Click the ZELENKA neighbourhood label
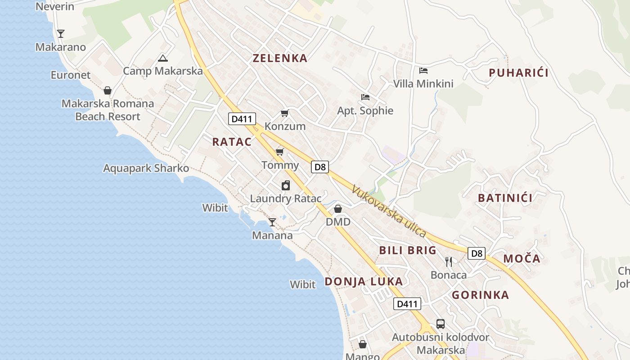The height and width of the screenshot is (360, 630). [x=280, y=58]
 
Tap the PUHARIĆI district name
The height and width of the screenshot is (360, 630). [x=518, y=73]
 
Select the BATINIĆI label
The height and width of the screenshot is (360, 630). [x=505, y=198]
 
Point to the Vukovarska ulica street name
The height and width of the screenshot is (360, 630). [x=389, y=211]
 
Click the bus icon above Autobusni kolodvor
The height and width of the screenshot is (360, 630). [x=441, y=324]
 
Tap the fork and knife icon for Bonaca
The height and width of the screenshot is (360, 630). [x=449, y=262]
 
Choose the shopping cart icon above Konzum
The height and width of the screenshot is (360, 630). [x=284, y=113]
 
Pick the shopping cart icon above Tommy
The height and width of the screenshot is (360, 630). [x=280, y=152]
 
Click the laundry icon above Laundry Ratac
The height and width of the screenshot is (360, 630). [x=286, y=185]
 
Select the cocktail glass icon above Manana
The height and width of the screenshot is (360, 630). [x=272, y=222]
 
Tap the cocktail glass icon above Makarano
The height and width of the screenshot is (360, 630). [x=60, y=33]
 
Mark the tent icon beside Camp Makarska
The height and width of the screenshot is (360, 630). [x=162, y=58]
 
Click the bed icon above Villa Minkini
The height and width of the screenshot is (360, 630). [x=423, y=71]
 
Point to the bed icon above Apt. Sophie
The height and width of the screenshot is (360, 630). [x=365, y=97]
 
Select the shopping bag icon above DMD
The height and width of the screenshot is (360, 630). [x=338, y=209]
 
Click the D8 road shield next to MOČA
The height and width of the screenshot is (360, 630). [x=477, y=253]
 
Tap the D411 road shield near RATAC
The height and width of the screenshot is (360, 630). [x=242, y=119]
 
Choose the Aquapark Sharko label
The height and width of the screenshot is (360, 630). [x=146, y=168]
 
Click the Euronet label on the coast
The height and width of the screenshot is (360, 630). [x=71, y=75]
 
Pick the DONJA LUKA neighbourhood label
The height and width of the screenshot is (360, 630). [x=364, y=282]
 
